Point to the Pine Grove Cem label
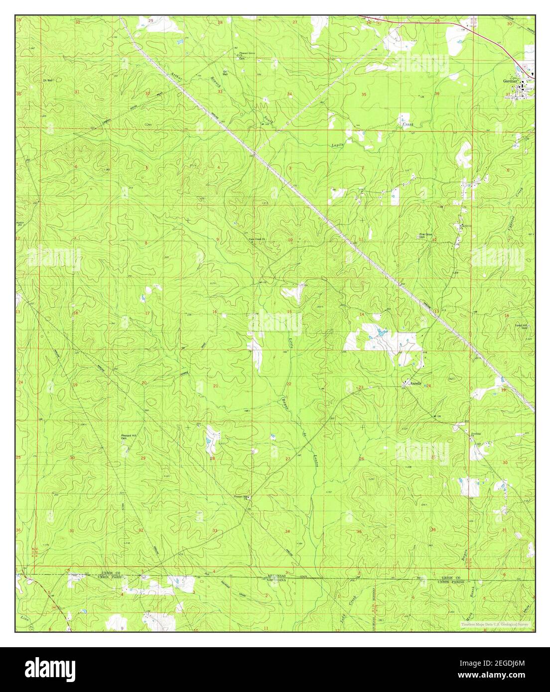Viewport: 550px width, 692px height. coord(423,236)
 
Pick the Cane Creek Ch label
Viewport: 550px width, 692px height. coord(259,238)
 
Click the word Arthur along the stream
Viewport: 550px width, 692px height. coord(175,77)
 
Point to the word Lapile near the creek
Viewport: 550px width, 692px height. coord(338,145)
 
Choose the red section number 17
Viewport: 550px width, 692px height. coord(147,313)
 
